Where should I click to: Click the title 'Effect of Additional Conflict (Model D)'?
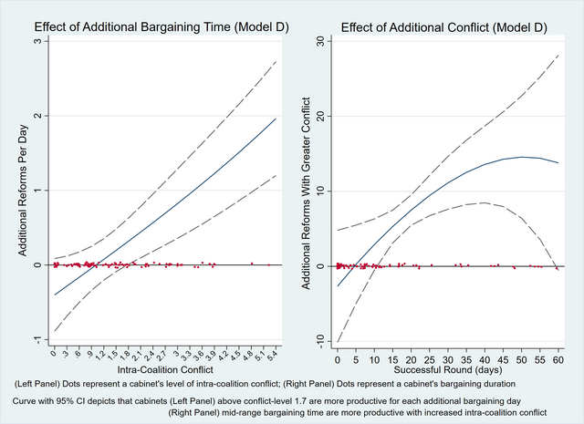[x=444, y=26]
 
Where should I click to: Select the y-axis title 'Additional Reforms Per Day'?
[x=20, y=190]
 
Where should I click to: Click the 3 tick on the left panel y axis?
[x=36, y=42]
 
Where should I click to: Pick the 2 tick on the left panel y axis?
[x=36, y=116]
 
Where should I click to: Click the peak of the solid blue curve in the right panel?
[x=521, y=157]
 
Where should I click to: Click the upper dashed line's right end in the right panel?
[x=558, y=55]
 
